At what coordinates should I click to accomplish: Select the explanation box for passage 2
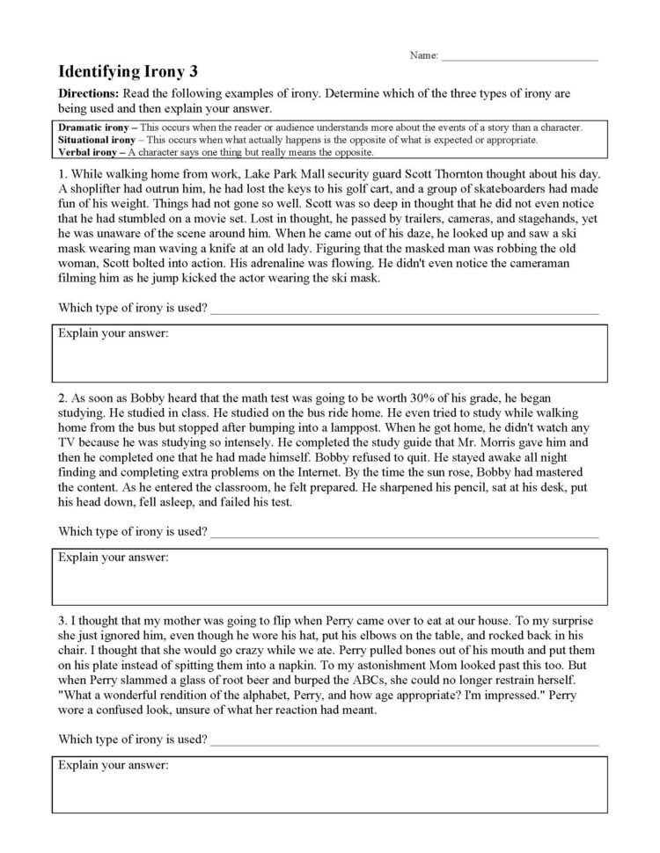tap(329, 576)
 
